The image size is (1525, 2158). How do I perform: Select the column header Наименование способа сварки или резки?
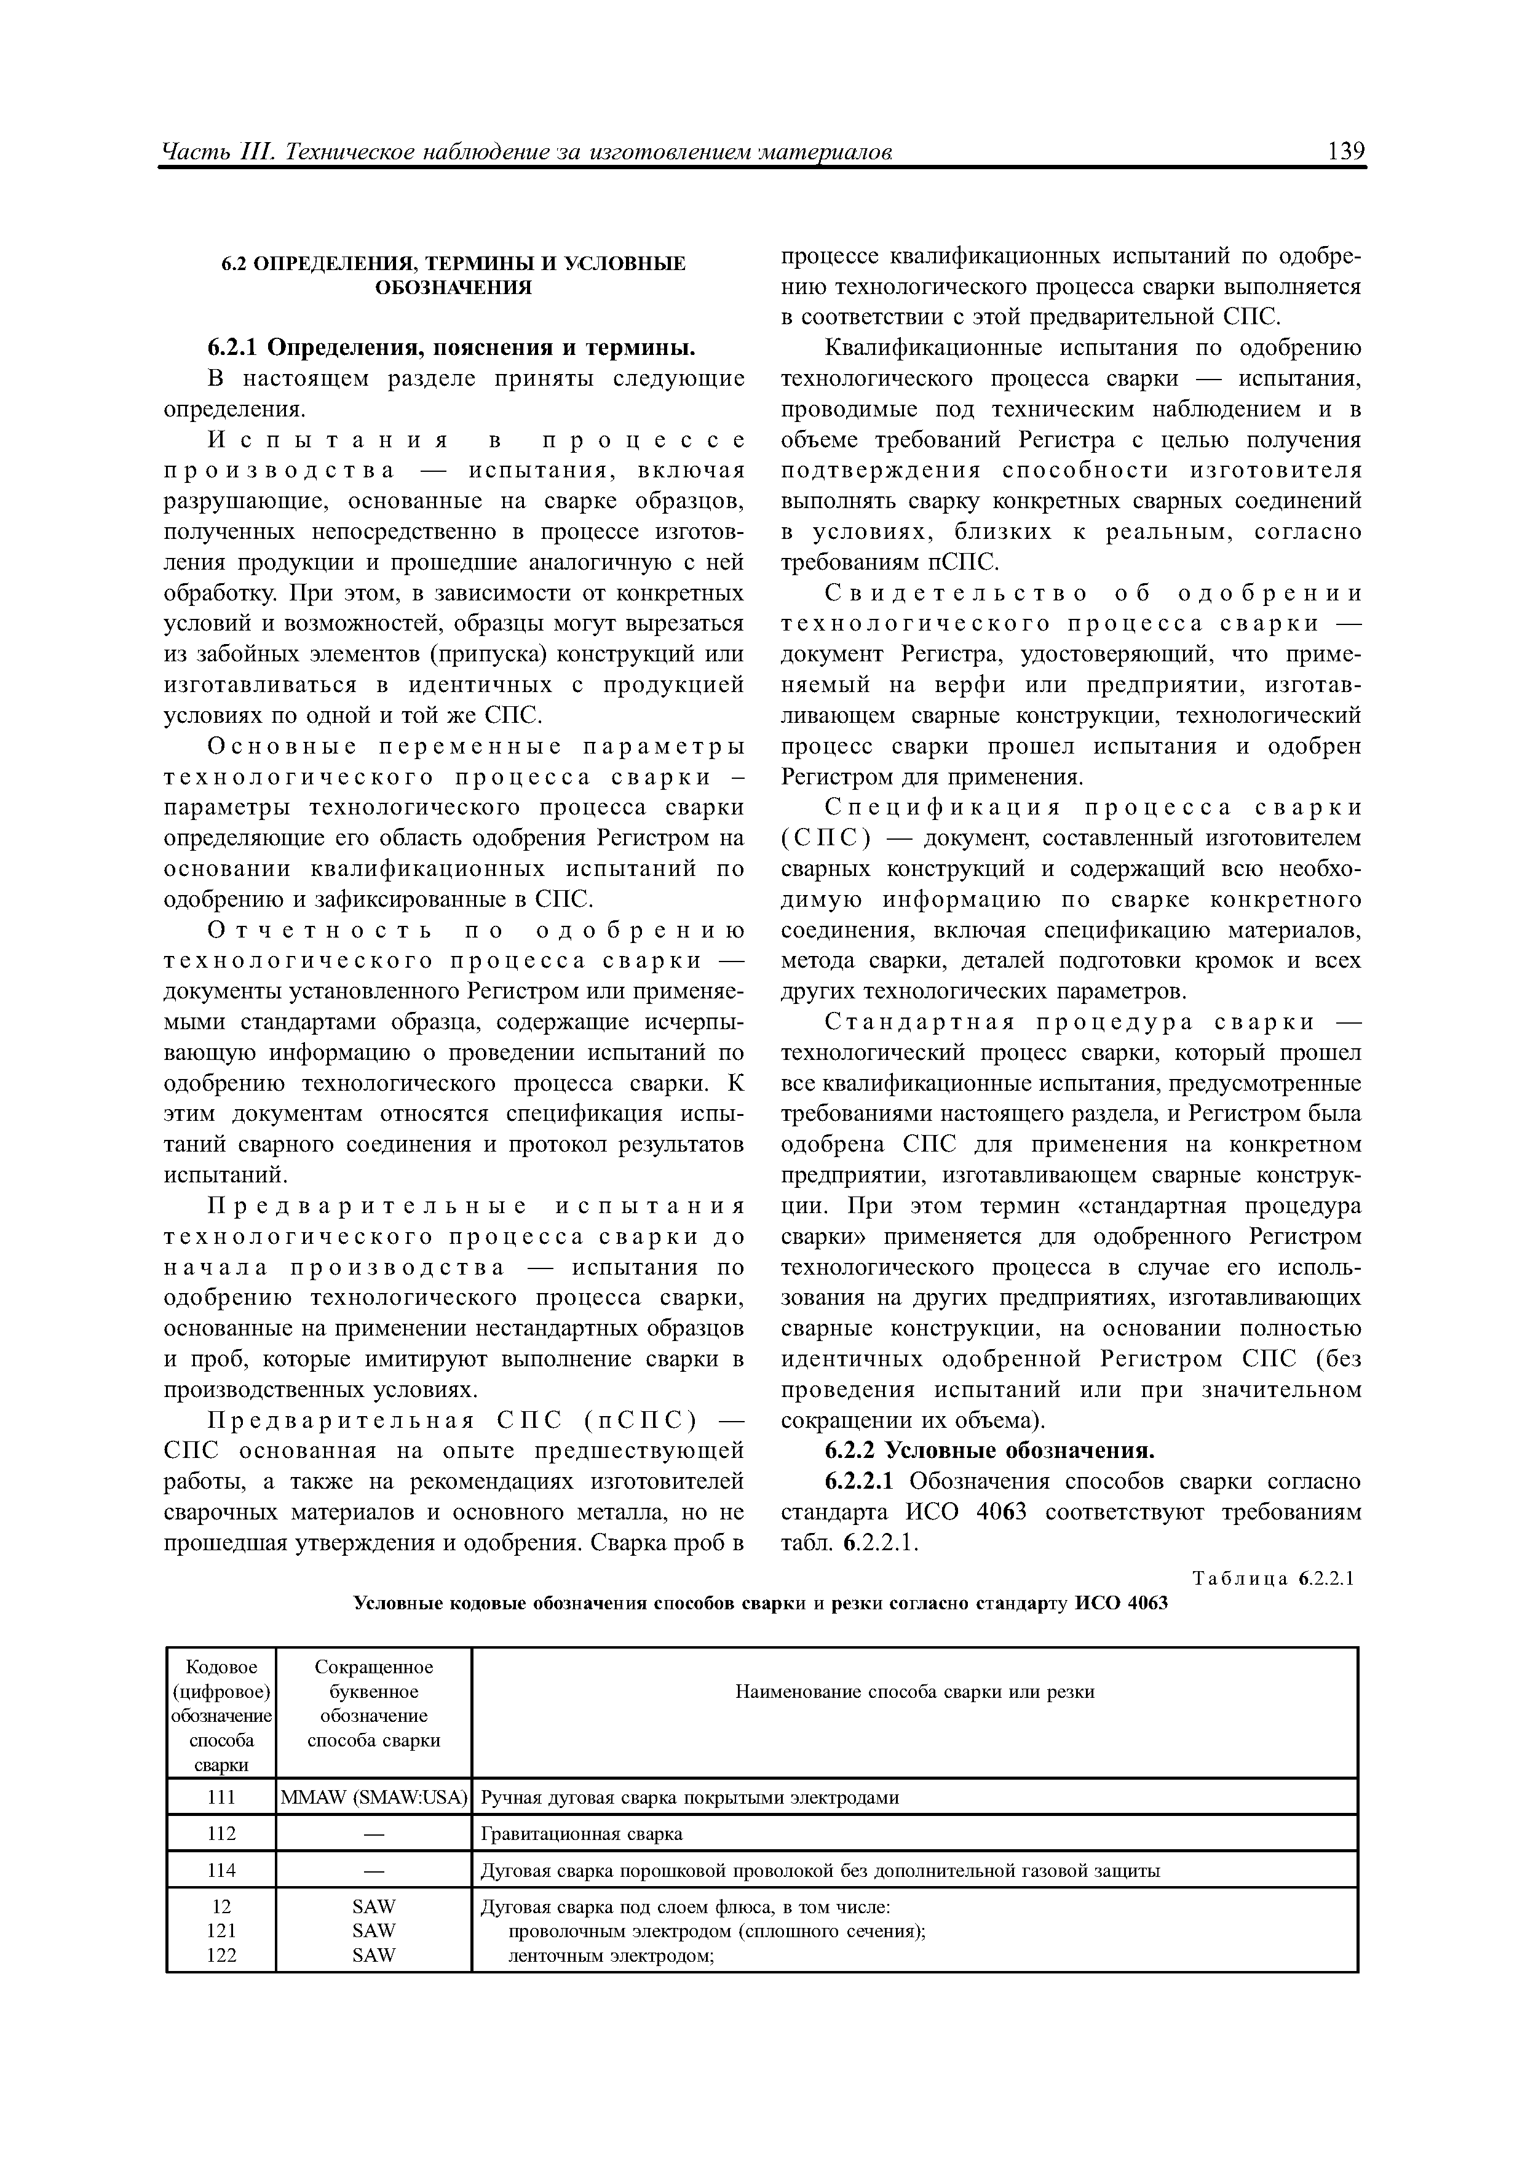click(914, 1692)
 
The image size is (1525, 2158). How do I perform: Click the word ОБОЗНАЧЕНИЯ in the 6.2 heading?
click(453, 288)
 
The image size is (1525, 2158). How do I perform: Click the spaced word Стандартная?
click(919, 1022)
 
